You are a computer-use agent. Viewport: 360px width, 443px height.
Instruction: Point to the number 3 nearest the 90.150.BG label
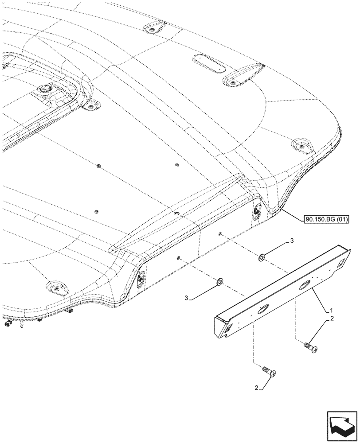pos(292,241)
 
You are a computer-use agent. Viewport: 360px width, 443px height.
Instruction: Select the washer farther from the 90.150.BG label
pos(220,281)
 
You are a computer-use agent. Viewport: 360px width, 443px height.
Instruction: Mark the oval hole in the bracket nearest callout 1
pos(305,286)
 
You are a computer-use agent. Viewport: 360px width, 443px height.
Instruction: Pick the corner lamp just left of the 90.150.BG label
pos(257,212)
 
